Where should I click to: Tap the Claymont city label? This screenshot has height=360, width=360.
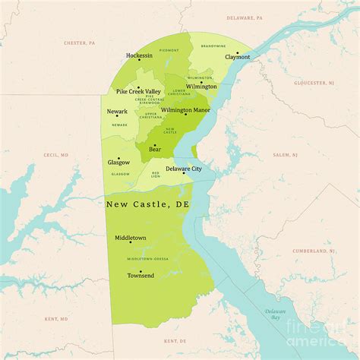point(237,57)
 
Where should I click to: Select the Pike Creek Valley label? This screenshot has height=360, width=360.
point(138,91)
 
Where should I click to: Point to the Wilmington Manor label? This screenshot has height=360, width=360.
point(185,110)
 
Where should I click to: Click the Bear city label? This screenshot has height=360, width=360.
point(155,150)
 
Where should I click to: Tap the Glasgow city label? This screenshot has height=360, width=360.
point(118,162)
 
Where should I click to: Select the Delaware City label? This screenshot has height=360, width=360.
point(184,169)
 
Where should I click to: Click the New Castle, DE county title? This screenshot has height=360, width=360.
point(147,204)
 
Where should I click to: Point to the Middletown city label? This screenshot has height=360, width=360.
point(131,238)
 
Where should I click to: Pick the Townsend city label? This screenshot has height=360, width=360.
point(141,275)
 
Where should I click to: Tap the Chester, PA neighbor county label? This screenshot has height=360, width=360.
point(80,43)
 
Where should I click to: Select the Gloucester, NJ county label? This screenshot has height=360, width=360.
point(317,82)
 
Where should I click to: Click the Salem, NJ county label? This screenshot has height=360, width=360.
point(286,155)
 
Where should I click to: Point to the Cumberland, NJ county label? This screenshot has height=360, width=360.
point(313,251)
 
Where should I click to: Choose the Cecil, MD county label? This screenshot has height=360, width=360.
point(56,155)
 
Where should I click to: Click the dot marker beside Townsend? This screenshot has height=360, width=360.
point(141,270)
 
